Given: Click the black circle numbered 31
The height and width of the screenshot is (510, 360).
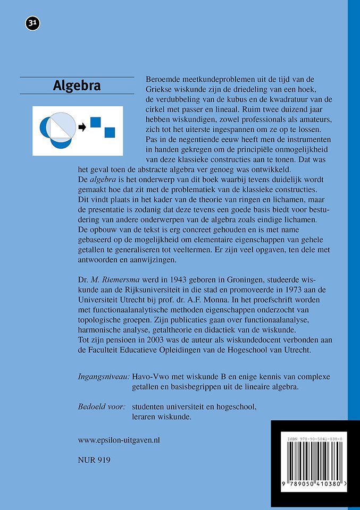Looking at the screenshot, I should click(x=32, y=23).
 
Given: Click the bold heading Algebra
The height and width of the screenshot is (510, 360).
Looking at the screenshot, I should click(x=77, y=86).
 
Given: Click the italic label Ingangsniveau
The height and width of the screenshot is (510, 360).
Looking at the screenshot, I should click(x=104, y=377).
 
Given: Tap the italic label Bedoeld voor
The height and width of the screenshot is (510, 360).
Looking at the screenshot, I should click(x=102, y=407).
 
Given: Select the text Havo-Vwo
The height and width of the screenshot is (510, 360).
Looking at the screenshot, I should click(x=151, y=377).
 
